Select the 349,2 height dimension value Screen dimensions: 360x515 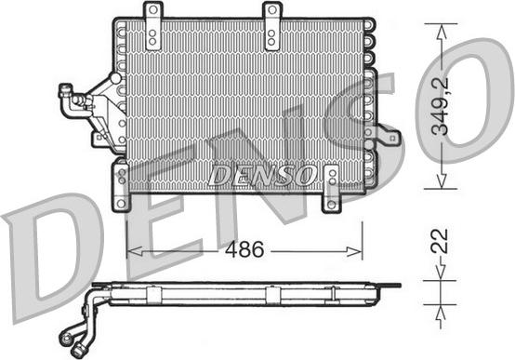coord(450,104)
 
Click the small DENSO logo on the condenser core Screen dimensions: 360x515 coord(265,176)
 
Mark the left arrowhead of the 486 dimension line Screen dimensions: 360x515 coord(131,250)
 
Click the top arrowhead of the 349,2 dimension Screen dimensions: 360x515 coord(441,27)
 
